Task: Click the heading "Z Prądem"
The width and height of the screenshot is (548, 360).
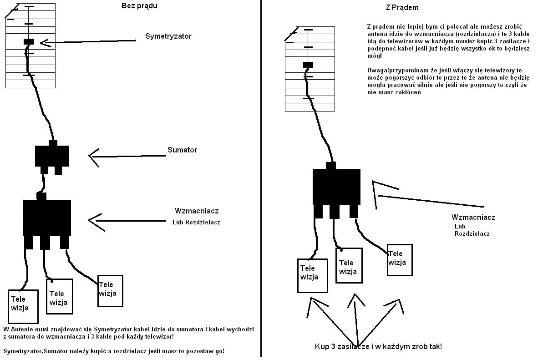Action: click(401, 8)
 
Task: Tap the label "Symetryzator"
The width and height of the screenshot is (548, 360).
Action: click(168, 36)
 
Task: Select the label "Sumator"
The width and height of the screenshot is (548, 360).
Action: click(182, 150)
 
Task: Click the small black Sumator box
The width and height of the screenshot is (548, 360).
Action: click(52, 156)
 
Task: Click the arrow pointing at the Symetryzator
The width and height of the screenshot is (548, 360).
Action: click(86, 42)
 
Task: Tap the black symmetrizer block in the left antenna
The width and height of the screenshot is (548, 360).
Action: click(29, 41)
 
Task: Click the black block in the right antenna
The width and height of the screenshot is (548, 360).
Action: click(308, 65)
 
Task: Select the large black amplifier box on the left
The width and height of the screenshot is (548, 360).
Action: click(47, 217)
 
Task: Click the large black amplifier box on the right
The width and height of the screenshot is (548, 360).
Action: click(336, 186)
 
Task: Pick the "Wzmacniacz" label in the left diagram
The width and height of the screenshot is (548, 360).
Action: click(197, 211)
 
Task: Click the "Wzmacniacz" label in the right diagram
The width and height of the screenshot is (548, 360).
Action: click(473, 217)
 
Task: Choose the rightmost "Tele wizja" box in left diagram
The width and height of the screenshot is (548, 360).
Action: click(110, 290)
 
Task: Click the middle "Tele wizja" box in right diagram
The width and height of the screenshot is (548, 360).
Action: click(349, 265)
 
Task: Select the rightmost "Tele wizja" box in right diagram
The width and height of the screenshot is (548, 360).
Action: click(399, 259)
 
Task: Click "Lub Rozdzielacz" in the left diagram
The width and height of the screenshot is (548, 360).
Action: click(196, 223)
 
